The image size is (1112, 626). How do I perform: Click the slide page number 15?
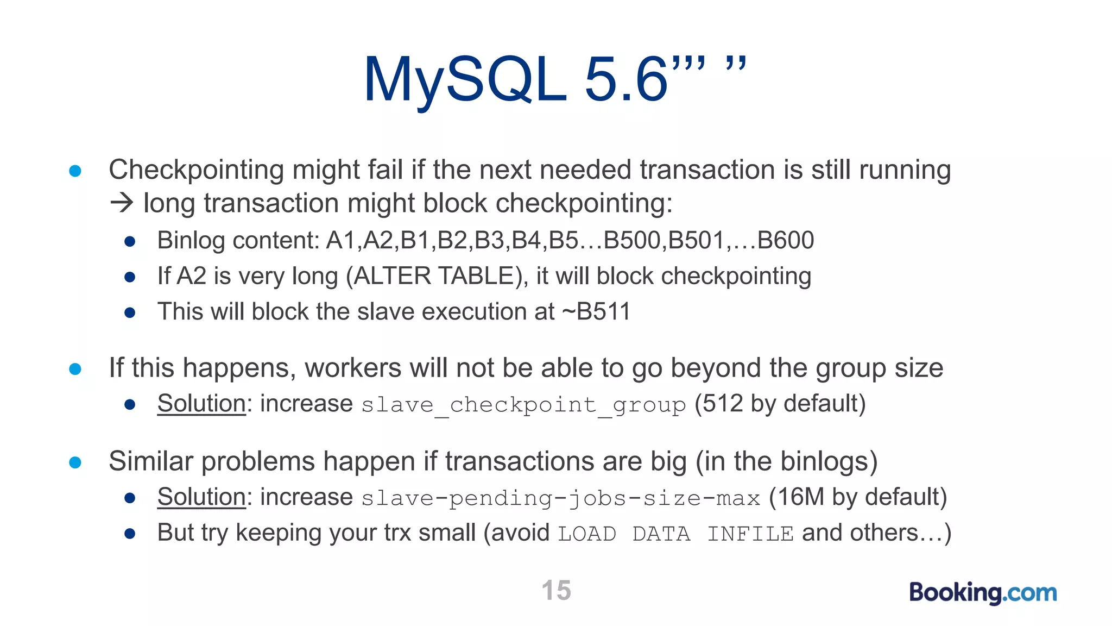[x=556, y=590]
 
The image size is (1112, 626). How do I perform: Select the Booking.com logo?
[x=983, y=592]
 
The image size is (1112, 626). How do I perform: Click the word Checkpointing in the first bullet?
[x=196, y=170]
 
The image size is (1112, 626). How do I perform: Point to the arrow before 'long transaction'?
[x=122, y=203]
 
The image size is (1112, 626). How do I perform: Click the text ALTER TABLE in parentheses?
[x=434, y=276]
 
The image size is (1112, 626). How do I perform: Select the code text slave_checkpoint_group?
[x=523, y=405]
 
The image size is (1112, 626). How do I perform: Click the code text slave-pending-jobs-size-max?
[x=560, y=498]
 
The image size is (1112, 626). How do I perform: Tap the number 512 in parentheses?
[x=722, y=404]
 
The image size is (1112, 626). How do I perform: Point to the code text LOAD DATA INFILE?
[x=675, y=534]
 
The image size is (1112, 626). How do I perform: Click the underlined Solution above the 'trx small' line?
[x=201, y=497]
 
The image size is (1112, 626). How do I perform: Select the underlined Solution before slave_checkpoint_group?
[x=201, y=404]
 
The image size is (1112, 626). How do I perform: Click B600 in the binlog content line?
[x=785, y=240]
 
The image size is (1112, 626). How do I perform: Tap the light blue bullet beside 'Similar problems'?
[x=75, y=462]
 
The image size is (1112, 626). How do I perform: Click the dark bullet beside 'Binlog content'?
[x=130, y=241]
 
